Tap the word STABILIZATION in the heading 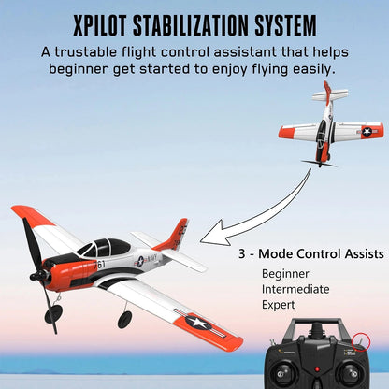point(200,23)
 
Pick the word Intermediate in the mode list point(295,289)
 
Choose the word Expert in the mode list point(279,305)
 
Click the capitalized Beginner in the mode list point(286,273)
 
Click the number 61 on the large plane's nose point(100,264)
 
